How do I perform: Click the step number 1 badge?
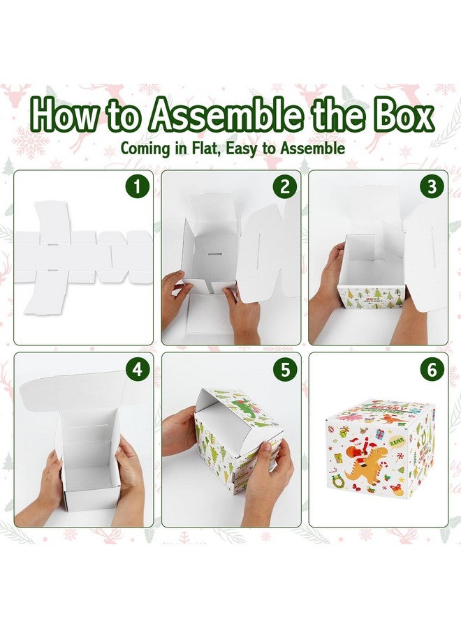pos(138,188)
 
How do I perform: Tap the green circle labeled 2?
pos(284,188)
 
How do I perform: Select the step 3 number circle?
pos(432,188)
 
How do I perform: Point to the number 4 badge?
pos(138,370)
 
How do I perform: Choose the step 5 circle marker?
pos(284,370)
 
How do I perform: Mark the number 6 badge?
pos(432,370)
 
